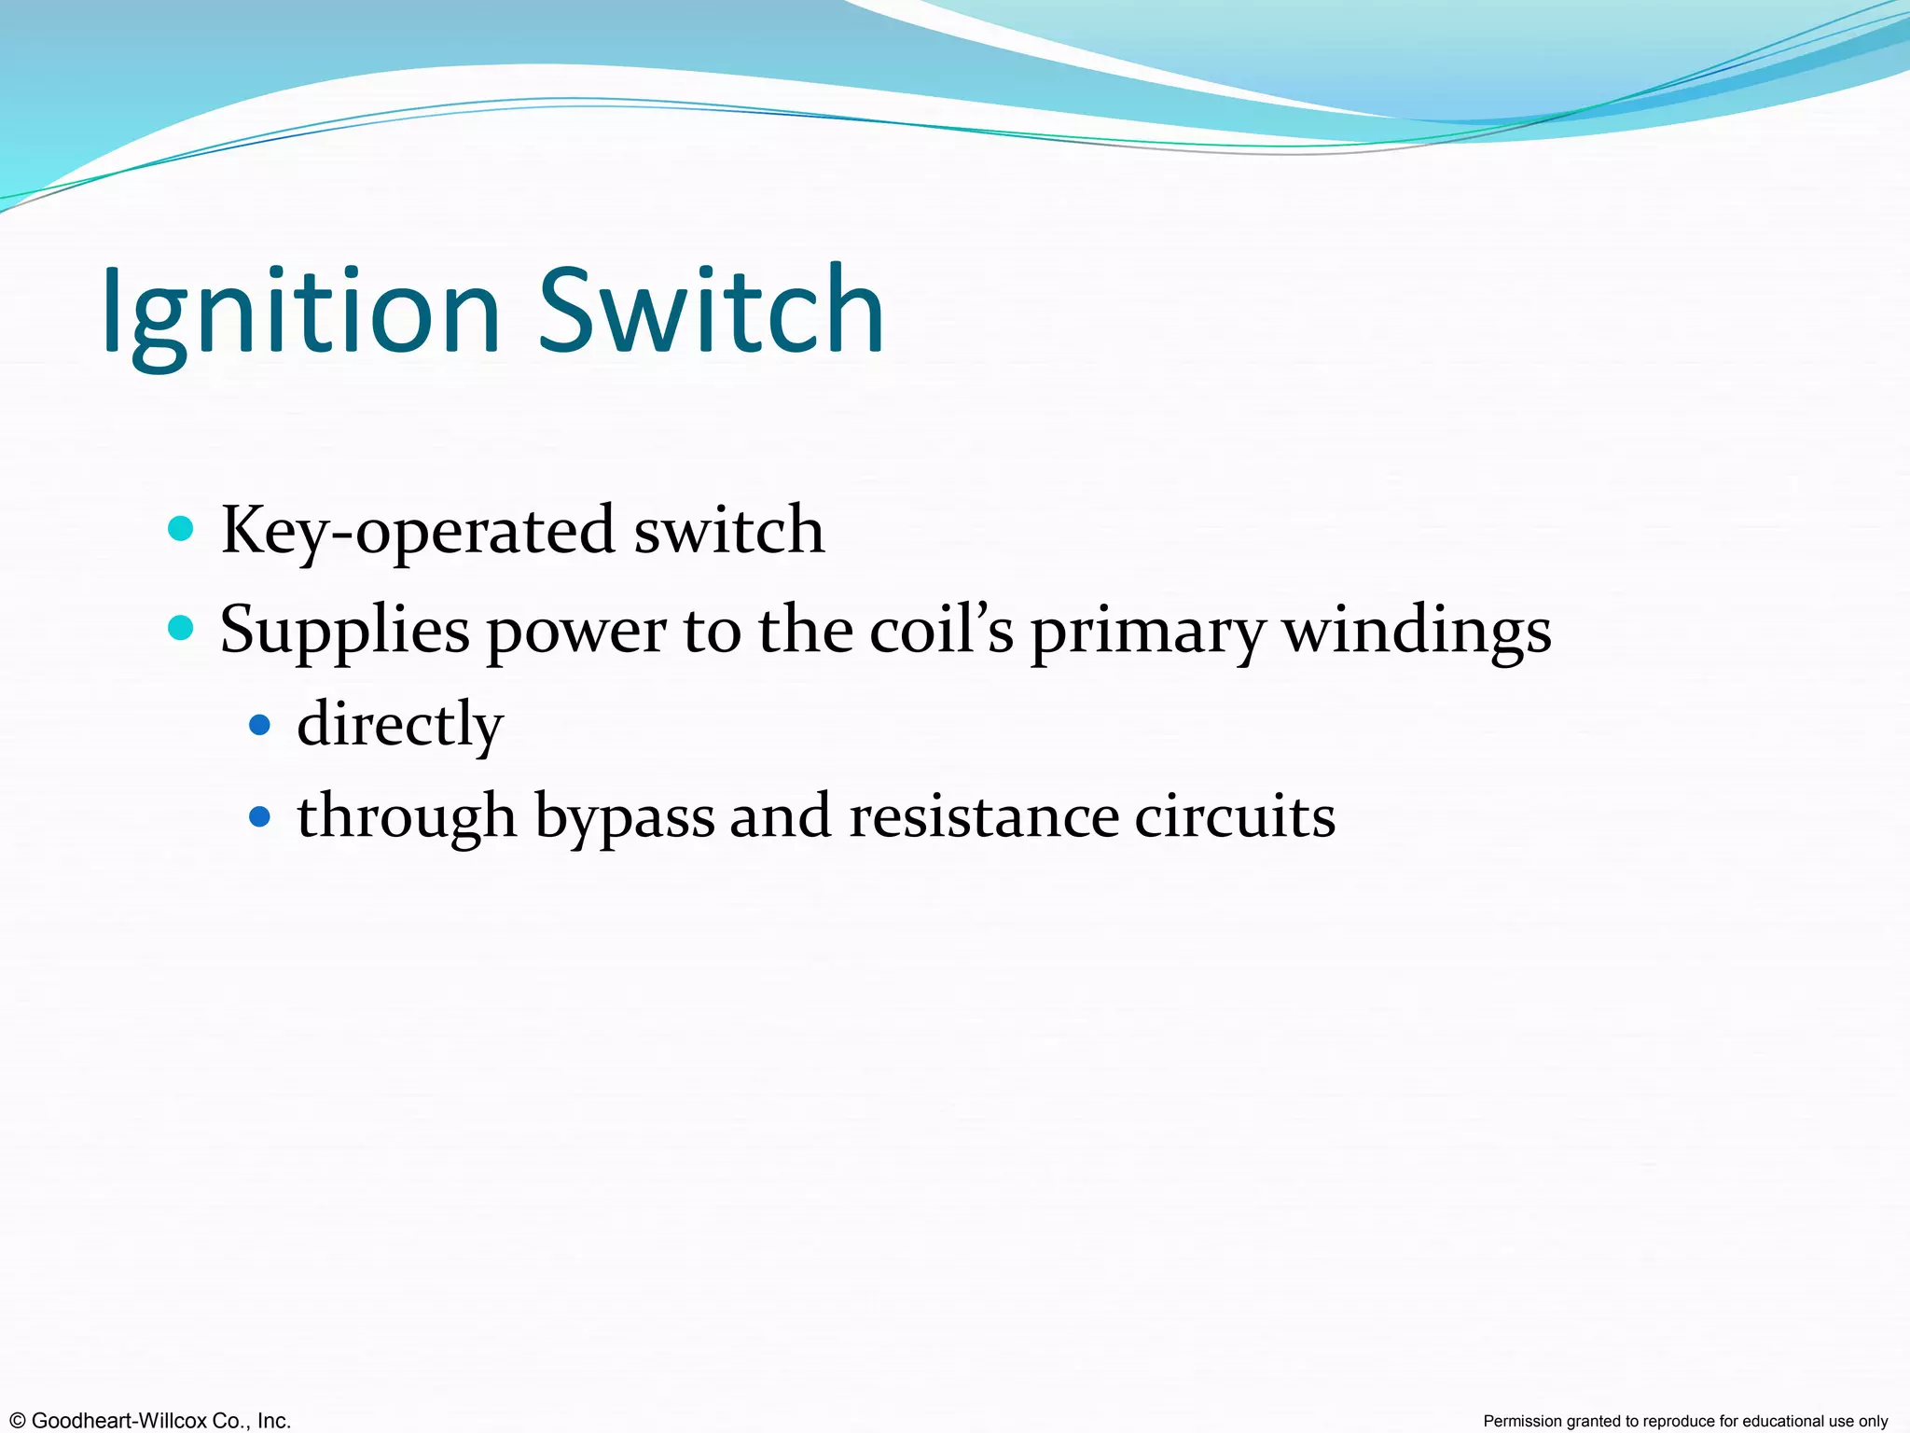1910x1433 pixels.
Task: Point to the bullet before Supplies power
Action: pyautogui.click(x=180, y=629)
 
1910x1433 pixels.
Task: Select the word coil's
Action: pyautogui.click(x=941, y=630)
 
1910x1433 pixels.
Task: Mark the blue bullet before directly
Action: pyautogui.click(x=260, y=725)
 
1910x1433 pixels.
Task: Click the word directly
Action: pyautogui.click(x=400, y=725)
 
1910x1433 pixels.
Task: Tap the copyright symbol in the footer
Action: pyautogui.click(x=17, y=1421)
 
